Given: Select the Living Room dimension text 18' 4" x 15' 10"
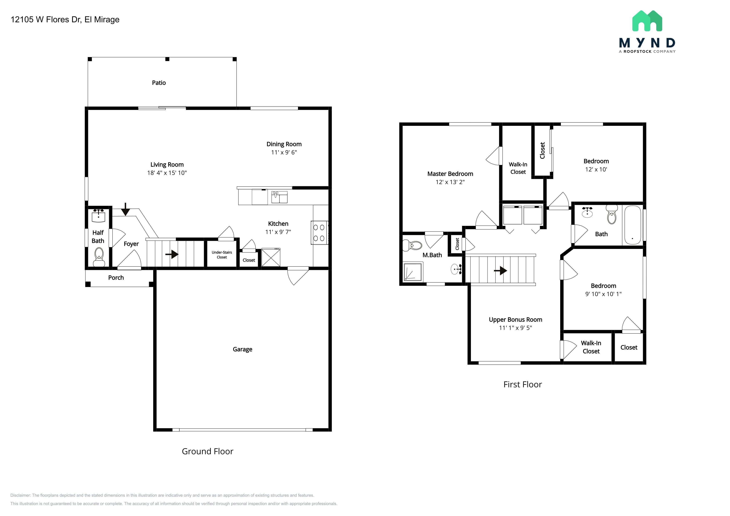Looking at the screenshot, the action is tap(167, 173).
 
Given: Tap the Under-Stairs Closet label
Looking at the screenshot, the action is tap(222, 255).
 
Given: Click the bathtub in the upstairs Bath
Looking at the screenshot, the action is tap(632, 225).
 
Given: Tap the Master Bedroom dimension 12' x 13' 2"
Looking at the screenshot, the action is tap(450, 182).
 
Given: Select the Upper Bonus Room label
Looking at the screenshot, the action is tap(515, 320).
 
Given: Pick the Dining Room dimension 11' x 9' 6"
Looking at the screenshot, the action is tap(284, 152).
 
